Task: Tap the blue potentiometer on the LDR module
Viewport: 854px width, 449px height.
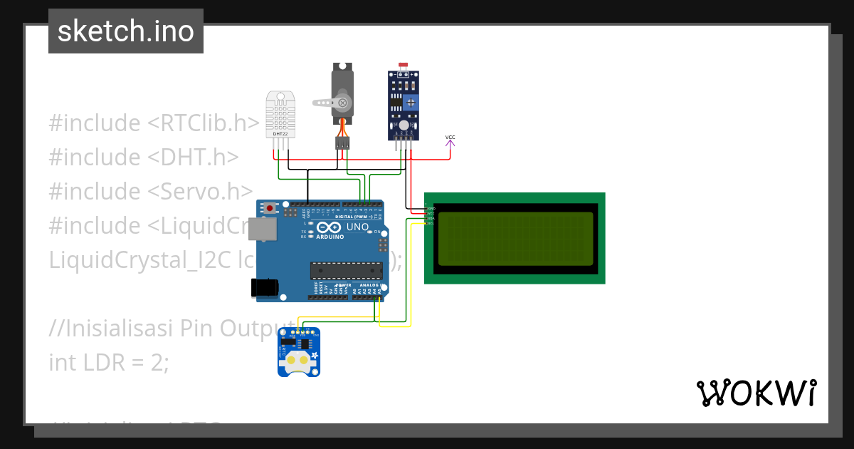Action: pyautogui.click(x=411, y=103)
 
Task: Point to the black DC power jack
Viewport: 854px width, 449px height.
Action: pyautogui.click(x=264, y=287)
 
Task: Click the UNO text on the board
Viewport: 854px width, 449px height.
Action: pyautogui.click(x=357, y=227)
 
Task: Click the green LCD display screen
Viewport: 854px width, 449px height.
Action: pyautogui.click(x=515, y=238)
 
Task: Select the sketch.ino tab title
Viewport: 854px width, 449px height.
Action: pyautogui.click(x=126, y=31)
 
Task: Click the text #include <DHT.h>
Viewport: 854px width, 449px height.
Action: pyautogui.click(x=144, y=158)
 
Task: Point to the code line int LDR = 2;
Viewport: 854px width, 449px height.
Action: pyautogui.click(x=109, y=362)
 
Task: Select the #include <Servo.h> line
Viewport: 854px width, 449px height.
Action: pyautogui.click(x=151, y=192)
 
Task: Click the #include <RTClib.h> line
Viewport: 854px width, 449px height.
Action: pyautogui.click(x=154, y=123)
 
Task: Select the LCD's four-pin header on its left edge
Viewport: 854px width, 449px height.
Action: pyautogui.click(x=428, y=215)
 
